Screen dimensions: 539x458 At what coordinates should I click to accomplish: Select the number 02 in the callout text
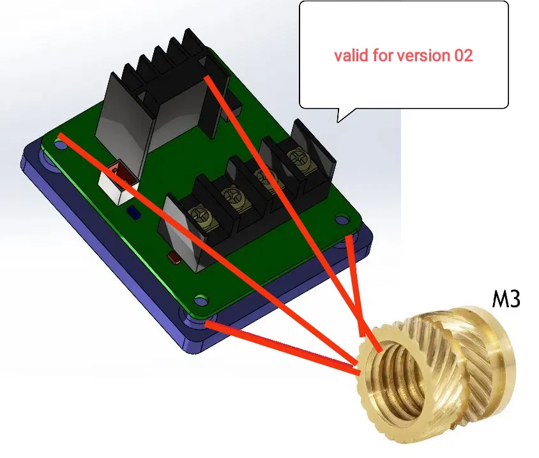[x=464, y=56]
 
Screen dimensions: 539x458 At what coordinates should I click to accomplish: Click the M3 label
[x=506, y=299]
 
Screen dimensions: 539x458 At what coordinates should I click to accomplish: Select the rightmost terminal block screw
[x=297, y=158]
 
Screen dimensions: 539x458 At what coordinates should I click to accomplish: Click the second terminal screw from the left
[x=231, y=197]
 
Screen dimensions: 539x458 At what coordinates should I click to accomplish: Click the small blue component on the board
[x=133, y=213]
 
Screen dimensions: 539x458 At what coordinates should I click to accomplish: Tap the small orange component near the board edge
[x=174, y=257]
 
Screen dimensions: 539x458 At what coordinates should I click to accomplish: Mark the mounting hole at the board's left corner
[x=61, y=146]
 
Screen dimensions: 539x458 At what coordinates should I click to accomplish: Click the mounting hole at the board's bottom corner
[x=201, y=300]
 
